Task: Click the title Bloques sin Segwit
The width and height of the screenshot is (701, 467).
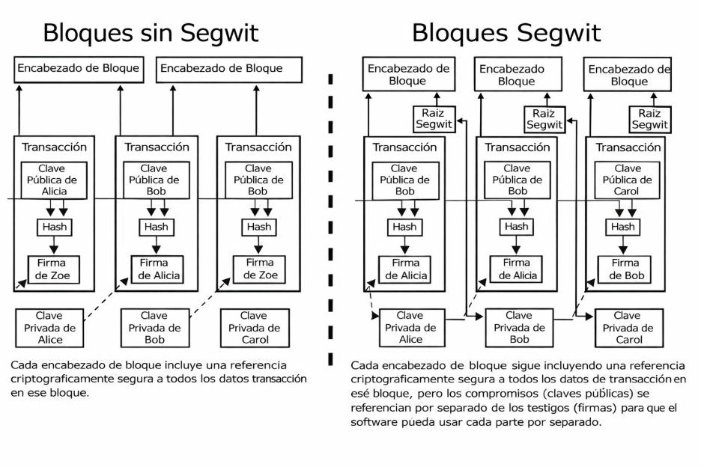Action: [x=151, y=32]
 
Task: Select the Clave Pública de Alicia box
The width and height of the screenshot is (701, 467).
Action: [x=53, y=180]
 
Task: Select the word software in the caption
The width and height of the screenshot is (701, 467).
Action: [x=376, y=421]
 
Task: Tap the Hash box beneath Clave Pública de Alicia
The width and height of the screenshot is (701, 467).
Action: [x=53, y=227]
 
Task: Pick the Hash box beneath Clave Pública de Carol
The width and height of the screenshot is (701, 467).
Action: [x=623, y=227]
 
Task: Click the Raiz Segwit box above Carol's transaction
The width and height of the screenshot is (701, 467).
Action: [x=649, y=119]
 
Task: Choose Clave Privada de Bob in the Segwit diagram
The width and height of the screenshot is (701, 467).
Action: [x=518, y=328]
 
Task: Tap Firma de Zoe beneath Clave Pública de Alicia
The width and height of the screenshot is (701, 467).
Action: [x=53, y=269]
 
